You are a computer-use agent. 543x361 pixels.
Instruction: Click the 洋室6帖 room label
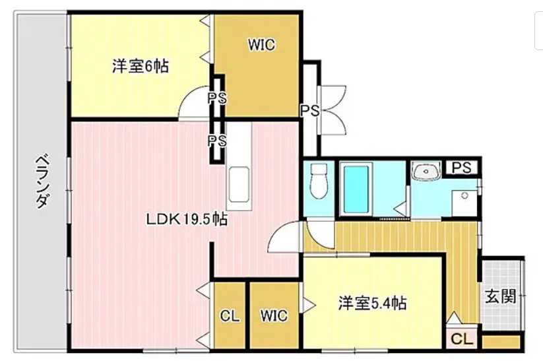click(141, 66)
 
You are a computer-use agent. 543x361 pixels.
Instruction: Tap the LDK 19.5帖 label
click(187, 219)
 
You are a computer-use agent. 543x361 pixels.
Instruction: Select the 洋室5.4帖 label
click(373, 303)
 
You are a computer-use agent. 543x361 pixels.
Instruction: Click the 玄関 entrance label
click(501, 296)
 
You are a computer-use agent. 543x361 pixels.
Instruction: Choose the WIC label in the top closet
click(261, 45)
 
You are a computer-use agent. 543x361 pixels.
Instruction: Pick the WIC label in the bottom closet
click(274, 315)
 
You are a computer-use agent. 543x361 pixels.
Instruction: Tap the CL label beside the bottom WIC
click(230, 315)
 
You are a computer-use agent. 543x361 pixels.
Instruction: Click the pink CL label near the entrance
click(462, 339)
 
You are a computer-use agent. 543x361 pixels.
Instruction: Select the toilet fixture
click(319, 181)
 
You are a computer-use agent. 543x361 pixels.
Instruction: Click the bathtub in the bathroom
click(356, 189)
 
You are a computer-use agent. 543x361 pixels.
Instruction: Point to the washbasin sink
click(426, 171)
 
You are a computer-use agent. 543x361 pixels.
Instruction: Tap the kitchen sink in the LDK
click(239, 184)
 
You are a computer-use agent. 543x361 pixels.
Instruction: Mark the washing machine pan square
click(464, 203)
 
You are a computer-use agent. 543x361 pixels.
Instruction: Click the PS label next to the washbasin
click(462, 168)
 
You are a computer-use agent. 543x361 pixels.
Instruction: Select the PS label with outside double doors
click(310, 110)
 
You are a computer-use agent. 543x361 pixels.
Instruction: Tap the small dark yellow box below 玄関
click(501, 342)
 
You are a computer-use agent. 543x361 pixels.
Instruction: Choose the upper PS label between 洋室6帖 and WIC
click(218, 98)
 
